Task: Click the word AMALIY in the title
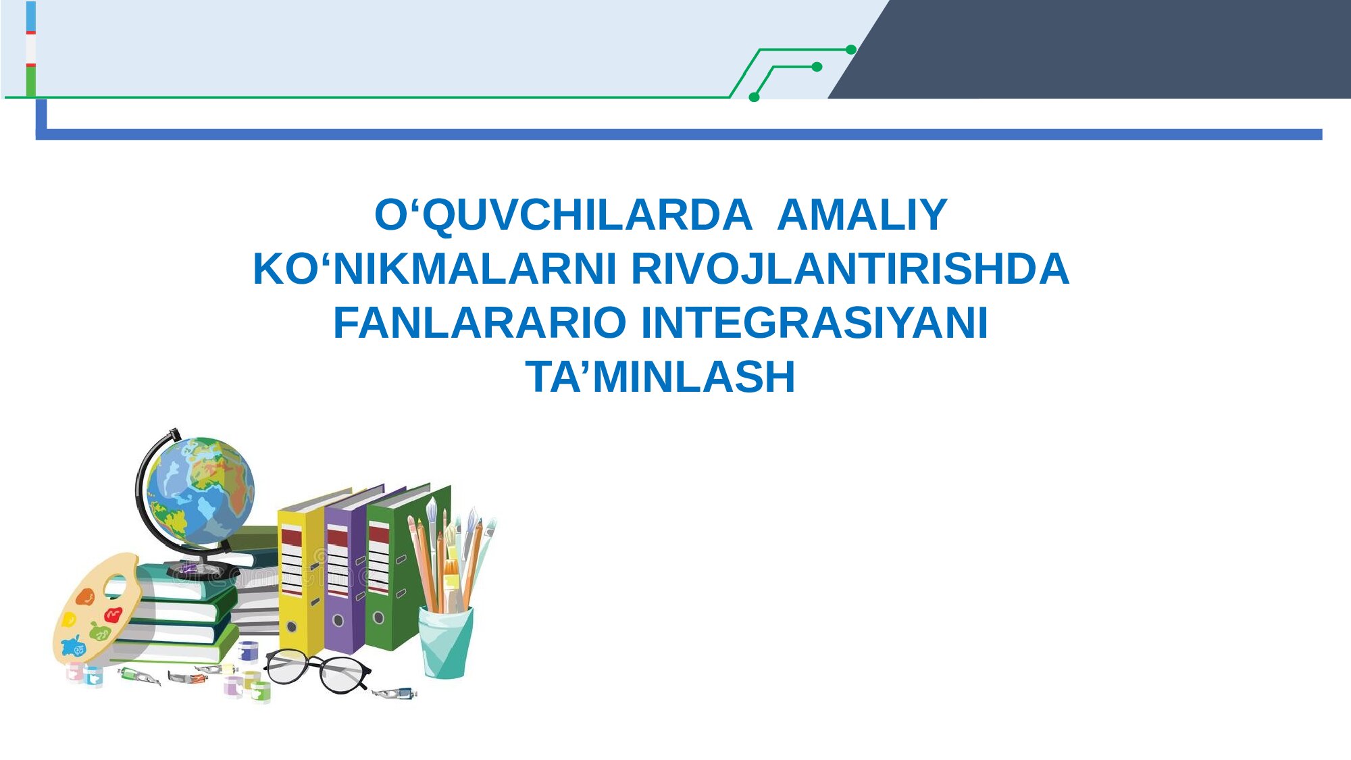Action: coord(863,215)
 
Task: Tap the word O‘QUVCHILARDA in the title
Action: coord(563,216)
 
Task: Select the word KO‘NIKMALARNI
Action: coord(434,269)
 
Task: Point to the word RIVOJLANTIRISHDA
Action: coord(850,269)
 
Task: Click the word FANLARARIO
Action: coord(480,322)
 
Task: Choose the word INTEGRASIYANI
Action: coord(815,322)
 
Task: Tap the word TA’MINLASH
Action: coord(661,376)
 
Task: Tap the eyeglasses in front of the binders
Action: coord(317,670)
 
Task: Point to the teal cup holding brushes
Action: coord(445,642)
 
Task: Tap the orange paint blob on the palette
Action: coord(85,597)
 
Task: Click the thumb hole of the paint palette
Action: coord(116,586)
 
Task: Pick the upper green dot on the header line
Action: coord(851,49)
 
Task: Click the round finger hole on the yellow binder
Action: coord(292,627)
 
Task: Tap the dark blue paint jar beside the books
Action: coord(248,651)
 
